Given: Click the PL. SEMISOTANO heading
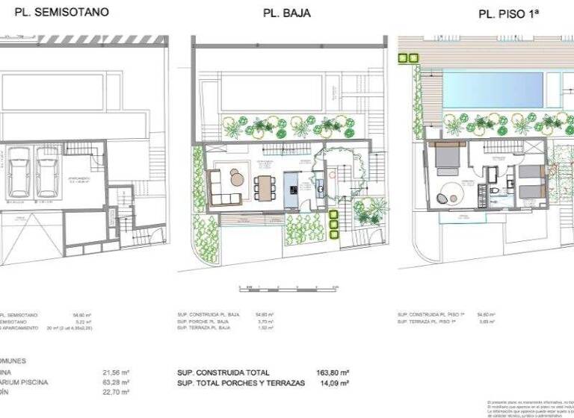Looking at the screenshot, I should [x=56, y=12].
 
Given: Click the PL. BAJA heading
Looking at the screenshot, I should [x=287, y=13].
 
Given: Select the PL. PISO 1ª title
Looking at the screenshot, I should [x=509, y=13].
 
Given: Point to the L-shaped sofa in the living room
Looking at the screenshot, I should [x=222, y=187].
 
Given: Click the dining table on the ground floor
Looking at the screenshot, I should [x=263, y=187].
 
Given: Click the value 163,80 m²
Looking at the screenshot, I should [x=335, y=372].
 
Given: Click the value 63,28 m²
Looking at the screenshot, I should [x=116, y=382].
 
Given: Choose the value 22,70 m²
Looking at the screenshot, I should [x=116, y=392].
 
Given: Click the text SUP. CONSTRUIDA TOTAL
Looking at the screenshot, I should [x=223, y=372].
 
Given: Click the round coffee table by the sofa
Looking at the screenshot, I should [x=237, y=178].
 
